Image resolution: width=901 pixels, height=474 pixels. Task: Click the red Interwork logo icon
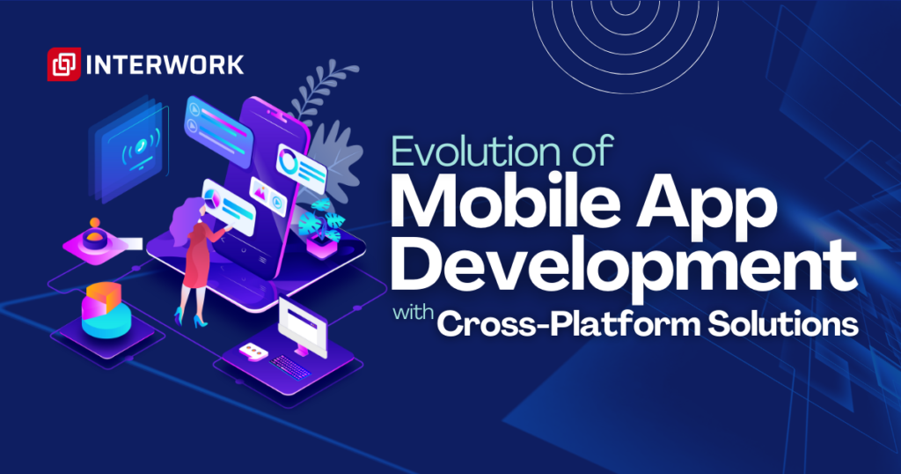[x=62, y=65]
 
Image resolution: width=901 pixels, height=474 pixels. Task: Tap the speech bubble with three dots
[x=253, y=351]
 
